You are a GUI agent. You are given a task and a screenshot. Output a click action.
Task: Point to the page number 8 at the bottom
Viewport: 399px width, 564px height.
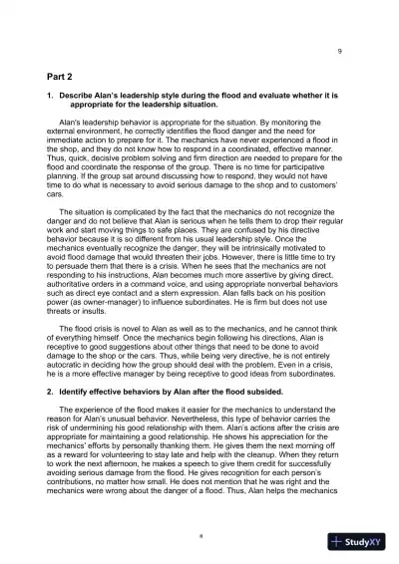click(199, 535)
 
